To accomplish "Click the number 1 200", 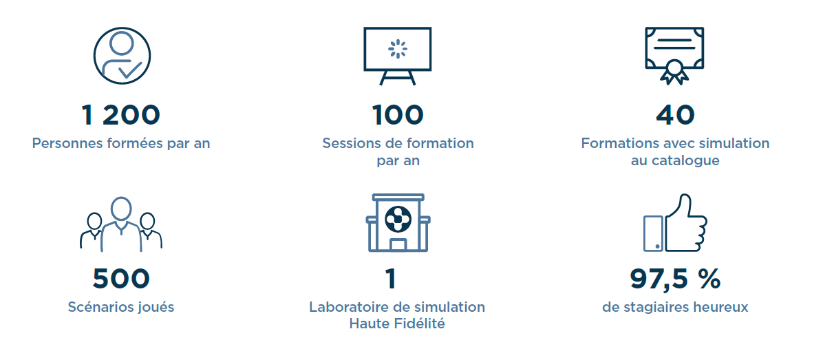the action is pyautogui.click(x=120, y=116).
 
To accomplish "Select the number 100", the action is pyautogui.click(x=398, y=116).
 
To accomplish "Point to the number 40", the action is pyautogui.click(x=675, y=116).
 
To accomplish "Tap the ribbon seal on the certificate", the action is pyautogui.click(x=674, y=74).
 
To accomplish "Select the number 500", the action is pyautogui.click(x=121, y=279).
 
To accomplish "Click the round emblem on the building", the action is pyautogui.click(x=398, y=220).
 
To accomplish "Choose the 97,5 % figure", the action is pyautogui.click(x=675, y=279).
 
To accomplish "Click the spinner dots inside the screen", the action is pyautogui.click(x=397, y=49).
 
